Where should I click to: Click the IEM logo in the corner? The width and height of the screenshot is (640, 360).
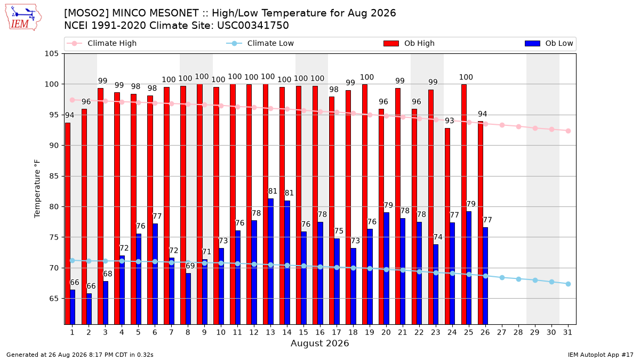point(23,18)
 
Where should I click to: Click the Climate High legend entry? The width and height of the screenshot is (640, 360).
point(101,43)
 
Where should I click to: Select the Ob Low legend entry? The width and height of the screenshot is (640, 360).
point(549,43)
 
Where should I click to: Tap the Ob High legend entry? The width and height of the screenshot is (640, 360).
point(409,43)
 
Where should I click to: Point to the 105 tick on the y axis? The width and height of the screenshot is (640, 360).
point(51,54)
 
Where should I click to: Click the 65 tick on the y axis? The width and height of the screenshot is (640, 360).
point(53,299)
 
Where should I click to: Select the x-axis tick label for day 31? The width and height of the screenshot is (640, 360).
point(567,333)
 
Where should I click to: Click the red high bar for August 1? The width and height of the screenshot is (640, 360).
point(68,223)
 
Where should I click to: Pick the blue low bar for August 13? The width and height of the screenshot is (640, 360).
point(270,261)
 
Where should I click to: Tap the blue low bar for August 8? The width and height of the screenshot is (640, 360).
point(188,299)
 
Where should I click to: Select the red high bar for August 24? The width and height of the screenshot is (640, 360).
point(447,226)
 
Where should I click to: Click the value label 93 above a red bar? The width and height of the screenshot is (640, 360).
point(450,121)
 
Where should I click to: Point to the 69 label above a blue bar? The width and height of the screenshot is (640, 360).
point(190,266)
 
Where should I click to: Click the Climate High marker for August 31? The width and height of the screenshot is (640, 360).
point(569,131)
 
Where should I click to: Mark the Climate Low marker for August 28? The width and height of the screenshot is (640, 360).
point(518,279)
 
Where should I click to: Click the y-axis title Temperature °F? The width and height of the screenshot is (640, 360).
point(37,189)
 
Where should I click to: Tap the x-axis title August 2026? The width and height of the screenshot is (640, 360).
point(319,343)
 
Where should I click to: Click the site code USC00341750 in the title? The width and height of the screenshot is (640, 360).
point(253,26)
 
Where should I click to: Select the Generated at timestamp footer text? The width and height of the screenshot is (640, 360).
point(79,355)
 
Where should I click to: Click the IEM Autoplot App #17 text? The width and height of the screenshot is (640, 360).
point(601,355)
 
